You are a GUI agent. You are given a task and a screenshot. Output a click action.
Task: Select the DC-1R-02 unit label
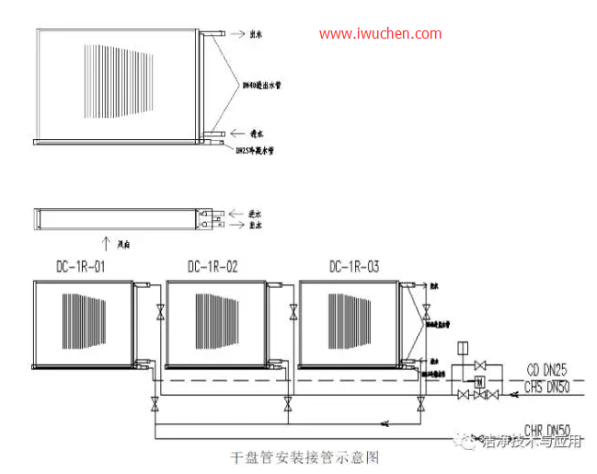click(212, 267)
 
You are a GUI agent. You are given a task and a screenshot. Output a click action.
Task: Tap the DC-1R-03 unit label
click(353, 267)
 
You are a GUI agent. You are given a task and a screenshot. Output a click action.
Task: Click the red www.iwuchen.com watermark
click(381, 34)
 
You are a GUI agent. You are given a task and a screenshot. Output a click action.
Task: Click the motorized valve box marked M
click(478, 381)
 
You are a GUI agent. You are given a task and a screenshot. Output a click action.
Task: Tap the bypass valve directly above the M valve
click(478, 365)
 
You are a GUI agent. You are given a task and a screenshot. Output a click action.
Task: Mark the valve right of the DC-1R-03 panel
click(422, 312)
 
